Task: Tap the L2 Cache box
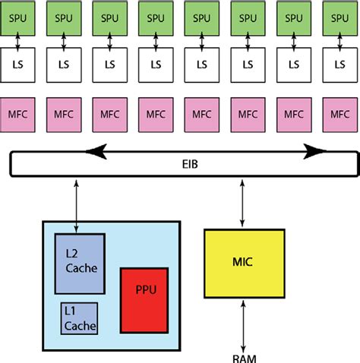79,264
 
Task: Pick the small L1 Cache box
80,319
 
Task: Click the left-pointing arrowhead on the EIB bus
98,151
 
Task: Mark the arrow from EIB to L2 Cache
77,205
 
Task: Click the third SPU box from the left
109,17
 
